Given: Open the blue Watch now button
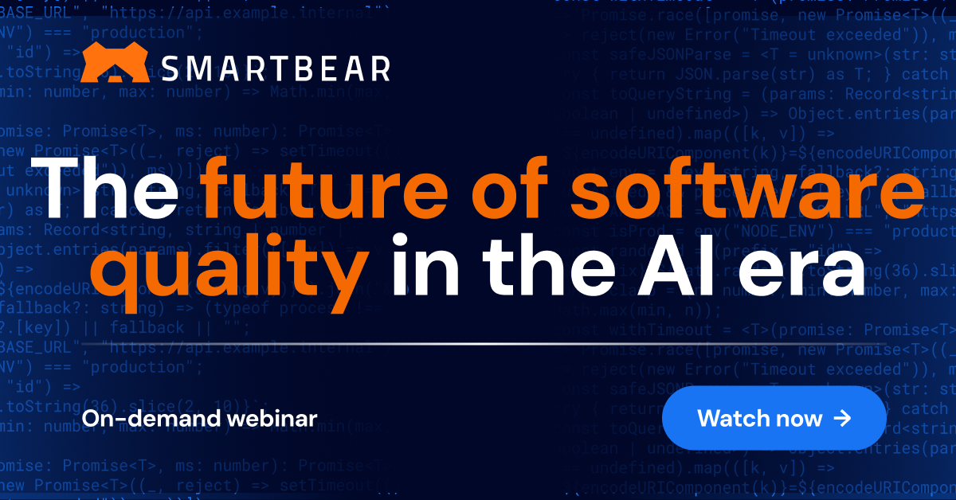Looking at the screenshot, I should pos(774,418).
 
